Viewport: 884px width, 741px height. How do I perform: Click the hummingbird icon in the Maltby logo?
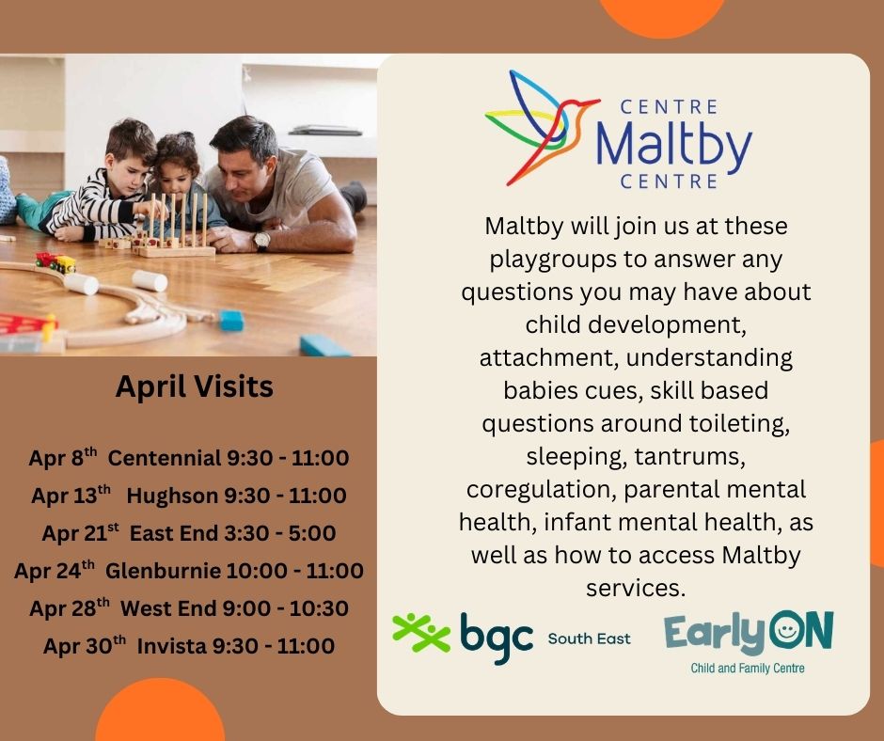538,125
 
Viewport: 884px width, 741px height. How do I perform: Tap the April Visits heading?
195,386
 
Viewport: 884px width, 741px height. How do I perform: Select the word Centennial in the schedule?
164,459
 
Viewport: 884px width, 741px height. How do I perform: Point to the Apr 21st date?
80,533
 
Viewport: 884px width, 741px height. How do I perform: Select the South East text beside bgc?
589,639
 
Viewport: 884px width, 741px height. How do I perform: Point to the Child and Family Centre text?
748,669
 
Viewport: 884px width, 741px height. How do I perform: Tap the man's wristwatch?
261,241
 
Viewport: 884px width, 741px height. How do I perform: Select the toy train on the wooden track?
55,262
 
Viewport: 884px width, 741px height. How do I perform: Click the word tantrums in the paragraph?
676,456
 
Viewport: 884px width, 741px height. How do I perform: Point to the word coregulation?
541,490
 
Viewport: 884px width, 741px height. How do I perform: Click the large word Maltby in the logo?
673,143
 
